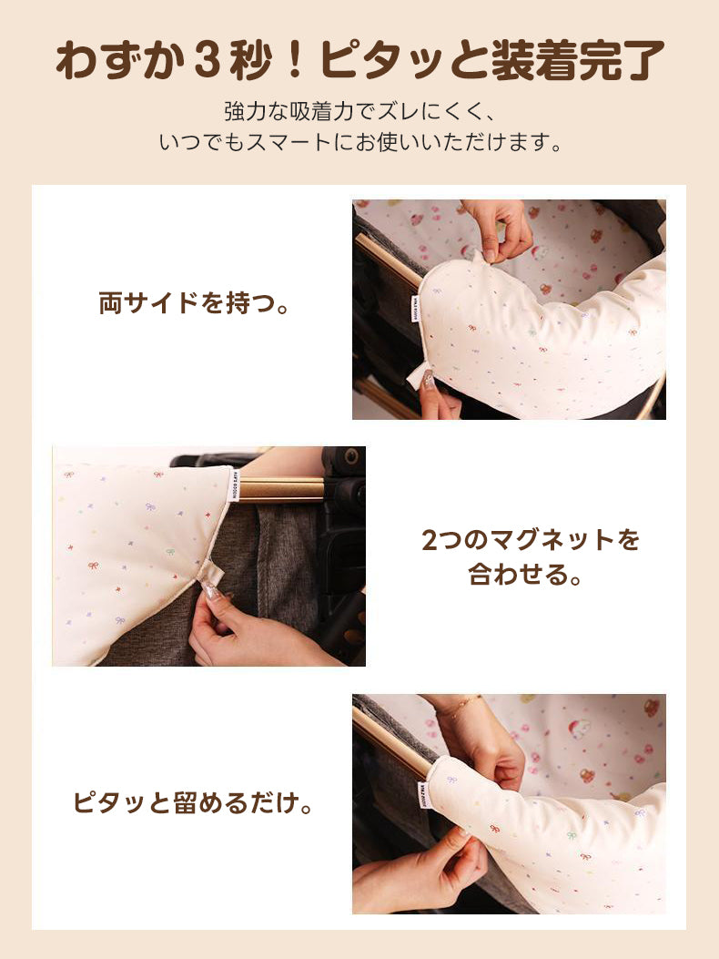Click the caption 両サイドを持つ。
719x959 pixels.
pos(195,303)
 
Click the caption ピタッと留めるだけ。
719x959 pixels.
pos(194,804)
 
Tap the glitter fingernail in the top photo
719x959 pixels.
pos(429,382)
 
